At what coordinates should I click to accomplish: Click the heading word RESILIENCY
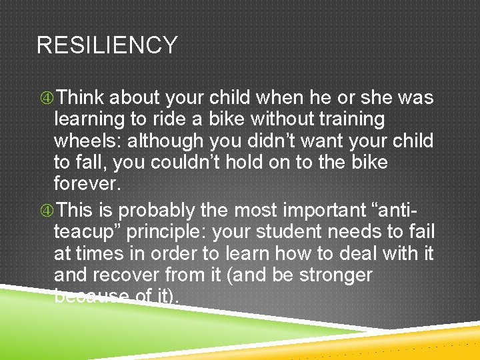coord(107,45)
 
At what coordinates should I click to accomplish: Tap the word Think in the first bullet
coord(79,98)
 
